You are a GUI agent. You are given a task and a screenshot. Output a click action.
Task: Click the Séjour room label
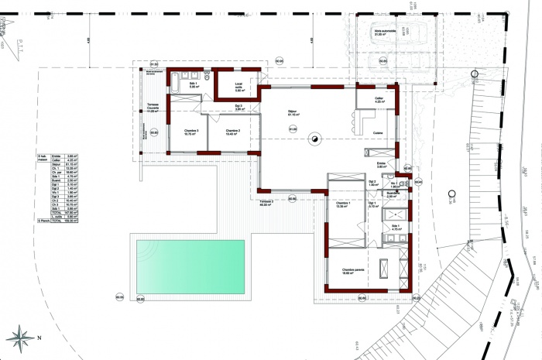[293, 114]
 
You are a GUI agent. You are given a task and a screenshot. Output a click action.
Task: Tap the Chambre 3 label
[191, 132]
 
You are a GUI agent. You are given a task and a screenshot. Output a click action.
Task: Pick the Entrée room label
[381, 165]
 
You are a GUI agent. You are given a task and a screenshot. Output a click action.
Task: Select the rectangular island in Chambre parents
[382, 268]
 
